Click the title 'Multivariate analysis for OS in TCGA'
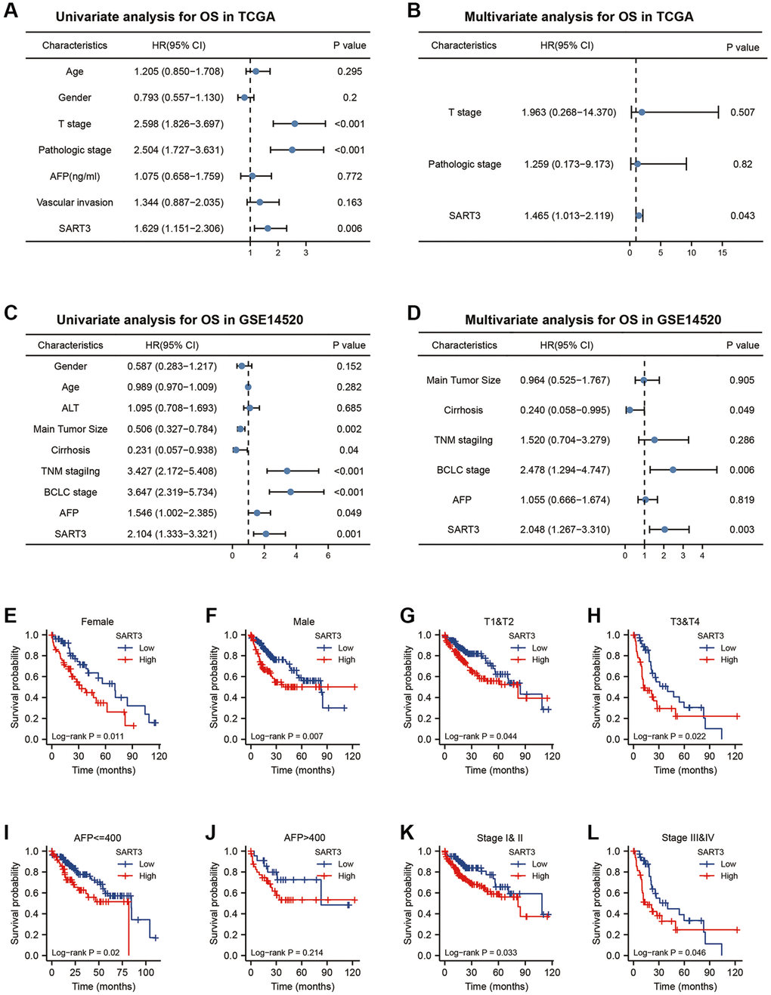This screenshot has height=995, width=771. point(578,17)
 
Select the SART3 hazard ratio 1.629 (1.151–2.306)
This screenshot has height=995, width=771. point(178,228)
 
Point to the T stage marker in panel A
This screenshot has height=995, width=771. point(295,124)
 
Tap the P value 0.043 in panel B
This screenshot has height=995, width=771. point(742,215)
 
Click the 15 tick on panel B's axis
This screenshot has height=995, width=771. point(723,252)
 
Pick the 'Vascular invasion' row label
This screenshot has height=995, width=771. point(75,202)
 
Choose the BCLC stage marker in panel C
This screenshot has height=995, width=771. point(290,492)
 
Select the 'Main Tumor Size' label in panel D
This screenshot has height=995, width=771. point(463,380)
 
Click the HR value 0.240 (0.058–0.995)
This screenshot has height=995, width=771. point(565,410)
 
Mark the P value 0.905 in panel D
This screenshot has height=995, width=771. point(742,380)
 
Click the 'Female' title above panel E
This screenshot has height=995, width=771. point(98,622)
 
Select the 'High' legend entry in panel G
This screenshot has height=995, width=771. point(540,660)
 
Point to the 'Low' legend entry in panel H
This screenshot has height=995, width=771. point(728,647)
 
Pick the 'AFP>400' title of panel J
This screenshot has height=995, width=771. point(304,838)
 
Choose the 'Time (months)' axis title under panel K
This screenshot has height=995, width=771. point(497,986)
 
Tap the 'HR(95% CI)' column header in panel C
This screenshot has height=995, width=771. point(172,345)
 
